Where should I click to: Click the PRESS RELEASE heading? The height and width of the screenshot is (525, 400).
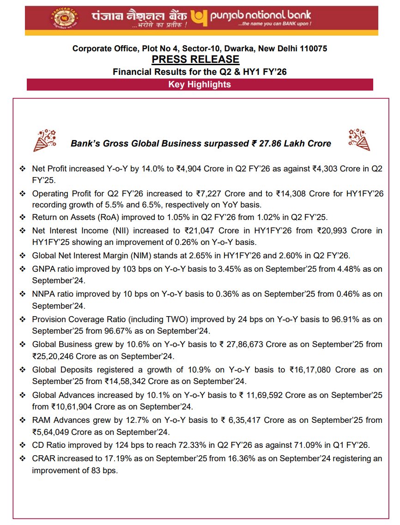[195, 59]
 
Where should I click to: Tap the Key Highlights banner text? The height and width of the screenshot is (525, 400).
[200, 85]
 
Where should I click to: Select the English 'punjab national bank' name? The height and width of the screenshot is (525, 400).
[261, 16]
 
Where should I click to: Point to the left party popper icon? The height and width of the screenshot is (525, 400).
[45, 140]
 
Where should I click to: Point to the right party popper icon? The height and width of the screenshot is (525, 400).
[359, 140]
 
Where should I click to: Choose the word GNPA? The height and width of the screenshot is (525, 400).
[43, 269]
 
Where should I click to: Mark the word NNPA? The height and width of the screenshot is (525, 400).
[43, 294]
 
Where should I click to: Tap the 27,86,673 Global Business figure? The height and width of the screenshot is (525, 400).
[245, 344]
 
